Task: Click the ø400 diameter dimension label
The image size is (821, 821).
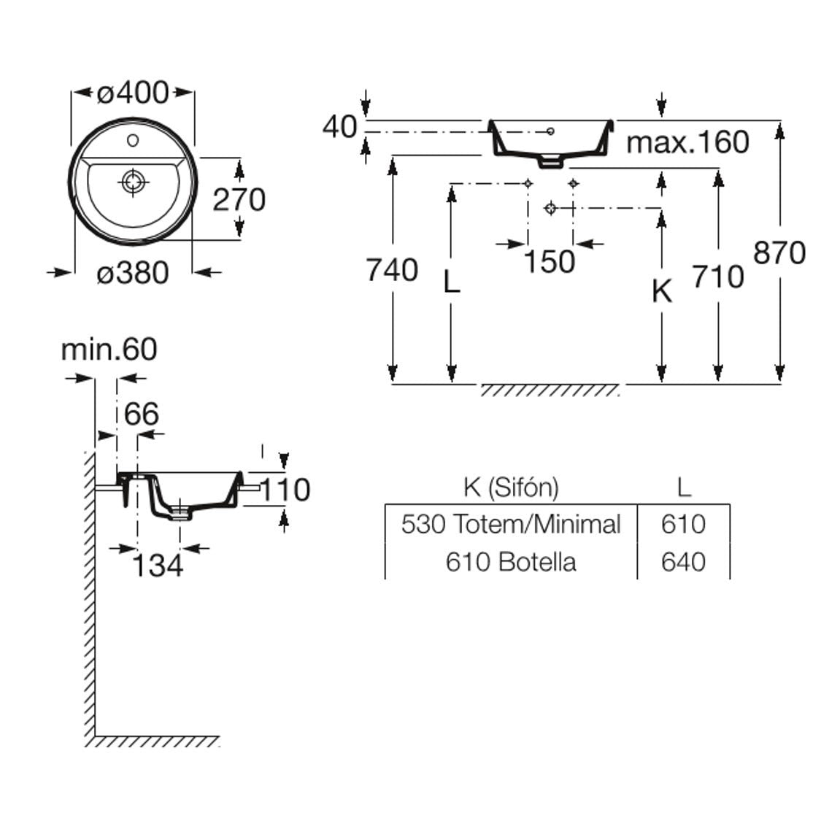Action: click(x=133, y=92)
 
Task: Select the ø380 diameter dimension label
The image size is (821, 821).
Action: click(x=133, y=273)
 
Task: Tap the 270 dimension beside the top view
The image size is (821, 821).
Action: click(x=239, y=199)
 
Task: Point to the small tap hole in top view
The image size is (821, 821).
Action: click(x=133, y=139)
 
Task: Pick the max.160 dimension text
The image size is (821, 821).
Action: click(x=687, y=142)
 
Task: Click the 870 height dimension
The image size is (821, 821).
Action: click(x=779, y=253)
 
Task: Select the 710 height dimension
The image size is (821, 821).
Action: click(x=718, y=277)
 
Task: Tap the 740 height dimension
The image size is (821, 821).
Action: click(x=392, y=270)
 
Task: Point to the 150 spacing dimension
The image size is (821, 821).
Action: click(x=550, y=261)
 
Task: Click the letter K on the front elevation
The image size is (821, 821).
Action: click(x=661, y=291)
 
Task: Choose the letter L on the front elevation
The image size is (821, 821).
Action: click(x=452, y=282)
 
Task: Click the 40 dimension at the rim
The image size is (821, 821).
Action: click(x=339, y=127)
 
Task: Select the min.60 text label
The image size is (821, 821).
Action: click(x=109, y=350)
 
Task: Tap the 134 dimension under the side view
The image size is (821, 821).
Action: click(x=158, y=564)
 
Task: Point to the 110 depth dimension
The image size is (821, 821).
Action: click(x=285, y=490)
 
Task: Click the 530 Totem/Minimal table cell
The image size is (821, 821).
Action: click(x=511, y=523)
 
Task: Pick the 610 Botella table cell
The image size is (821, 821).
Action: click(x=511, y=561)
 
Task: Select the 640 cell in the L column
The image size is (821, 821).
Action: click(x=683, y=561)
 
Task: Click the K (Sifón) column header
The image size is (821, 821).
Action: click(x=511, y=487)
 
